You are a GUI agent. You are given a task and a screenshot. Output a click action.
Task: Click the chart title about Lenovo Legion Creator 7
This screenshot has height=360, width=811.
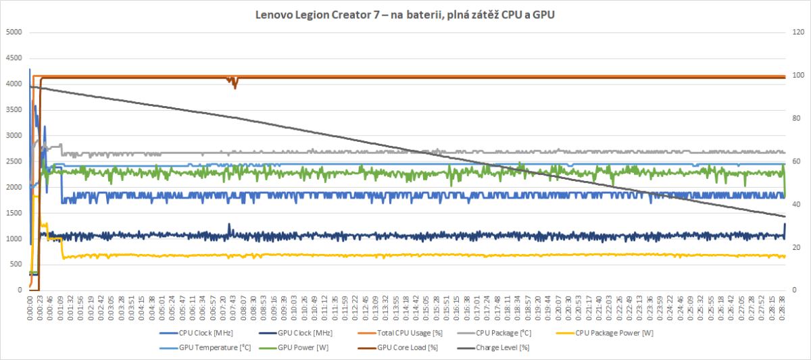(405, 14)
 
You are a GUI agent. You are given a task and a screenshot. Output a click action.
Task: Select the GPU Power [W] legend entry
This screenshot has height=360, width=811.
(304, 348)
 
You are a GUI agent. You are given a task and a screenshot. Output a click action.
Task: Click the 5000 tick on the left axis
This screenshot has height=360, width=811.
(14, 32)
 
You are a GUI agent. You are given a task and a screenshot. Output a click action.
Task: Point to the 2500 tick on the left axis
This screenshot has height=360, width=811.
(14, 161)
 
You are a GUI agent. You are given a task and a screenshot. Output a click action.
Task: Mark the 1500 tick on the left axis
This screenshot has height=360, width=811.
(14, 213)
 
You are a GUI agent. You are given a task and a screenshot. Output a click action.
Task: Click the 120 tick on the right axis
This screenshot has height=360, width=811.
(798, 32)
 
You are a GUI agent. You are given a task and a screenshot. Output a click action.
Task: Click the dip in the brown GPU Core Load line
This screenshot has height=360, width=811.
(235, 86)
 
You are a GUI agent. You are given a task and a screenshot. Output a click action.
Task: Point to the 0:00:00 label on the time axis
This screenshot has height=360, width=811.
(30, 308)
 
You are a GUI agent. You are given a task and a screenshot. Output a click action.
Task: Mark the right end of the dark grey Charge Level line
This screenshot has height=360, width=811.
(785, 216)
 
